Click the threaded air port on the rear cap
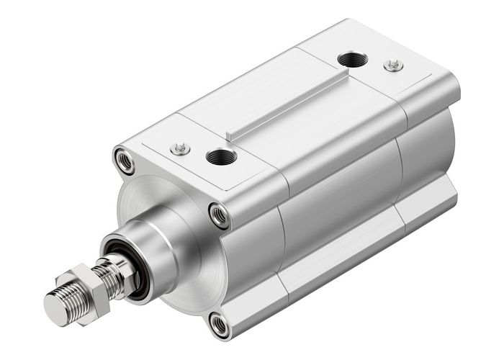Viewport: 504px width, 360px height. pyautogui.click(x=352, y=60)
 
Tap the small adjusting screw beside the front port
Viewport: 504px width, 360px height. pyautogui.click(x=180, y=149)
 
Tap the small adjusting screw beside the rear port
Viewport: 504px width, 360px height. pyautogui.click(x=392, y=66)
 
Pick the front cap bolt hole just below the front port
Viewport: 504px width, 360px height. pyautogui.click(x=219, y=214)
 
